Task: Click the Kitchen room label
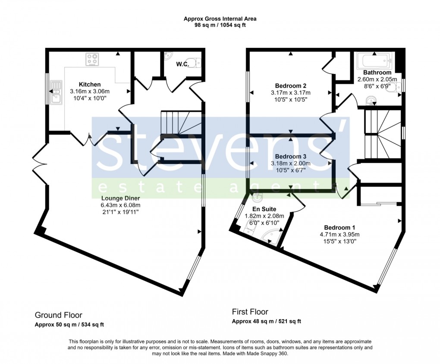pos(90,84)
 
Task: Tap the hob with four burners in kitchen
pos(92,59)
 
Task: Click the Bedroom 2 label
pos(290,85)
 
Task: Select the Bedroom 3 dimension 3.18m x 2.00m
pos(290,164)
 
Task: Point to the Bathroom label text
pos(377,73)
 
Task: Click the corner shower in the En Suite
pos(272,235)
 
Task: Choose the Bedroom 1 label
pos(339,228)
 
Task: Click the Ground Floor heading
pos(58,315)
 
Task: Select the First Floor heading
pos(250,312)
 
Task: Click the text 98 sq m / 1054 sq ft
pos(220,25)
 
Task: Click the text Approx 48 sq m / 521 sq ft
pos(266,321)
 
